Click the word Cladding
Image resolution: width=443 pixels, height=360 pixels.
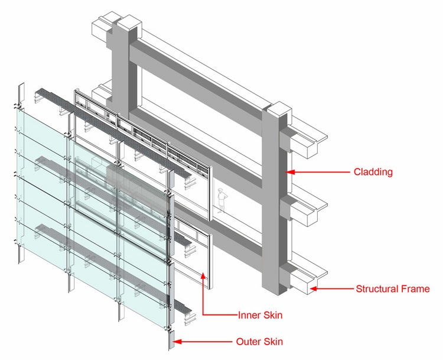(x=373, y=173)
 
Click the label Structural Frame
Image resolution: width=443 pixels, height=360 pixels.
(x=392, y=289)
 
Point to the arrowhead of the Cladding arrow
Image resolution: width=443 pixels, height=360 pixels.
(x=290, y=172)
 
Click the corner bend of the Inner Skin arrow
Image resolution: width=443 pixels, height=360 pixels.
(x=203, y=314)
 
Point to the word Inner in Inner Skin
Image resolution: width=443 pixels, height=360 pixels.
(x=247, y=315)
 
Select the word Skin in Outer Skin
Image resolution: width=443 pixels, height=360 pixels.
(x=271, y=342)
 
